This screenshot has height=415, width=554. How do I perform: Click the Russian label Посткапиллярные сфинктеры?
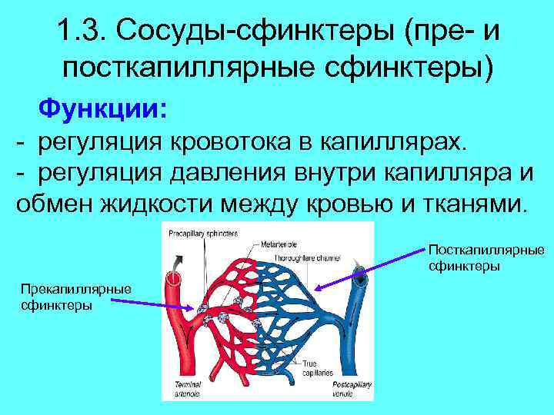pyautogui.click(x=486, y=258)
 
